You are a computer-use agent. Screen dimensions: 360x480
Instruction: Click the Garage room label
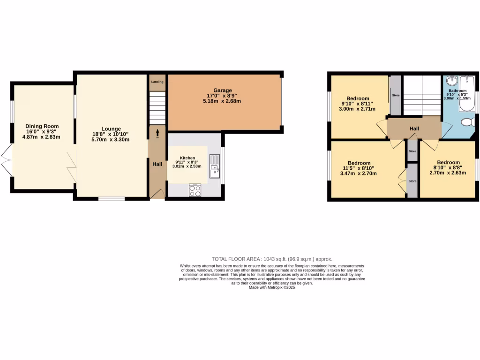tap(223, 90)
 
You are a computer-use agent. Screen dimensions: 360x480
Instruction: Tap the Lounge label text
tap(111, 129)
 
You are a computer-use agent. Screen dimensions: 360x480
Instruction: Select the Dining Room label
tap(42, 126)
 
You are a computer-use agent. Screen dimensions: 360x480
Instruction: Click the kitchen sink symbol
tap(214, 166)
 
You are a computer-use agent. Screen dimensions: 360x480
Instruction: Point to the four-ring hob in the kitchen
tap(195, 190)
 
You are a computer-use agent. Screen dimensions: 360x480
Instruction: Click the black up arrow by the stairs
tap(157, 133)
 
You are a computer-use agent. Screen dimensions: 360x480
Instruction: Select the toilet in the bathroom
tap(467, 122)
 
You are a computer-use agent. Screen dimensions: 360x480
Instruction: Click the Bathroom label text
tap(457, 90)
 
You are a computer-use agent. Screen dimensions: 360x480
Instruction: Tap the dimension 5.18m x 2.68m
tap(222, 101)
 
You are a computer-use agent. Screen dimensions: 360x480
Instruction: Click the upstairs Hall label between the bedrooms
tap(414, 128)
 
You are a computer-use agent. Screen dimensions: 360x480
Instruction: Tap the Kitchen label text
tap(187, 158)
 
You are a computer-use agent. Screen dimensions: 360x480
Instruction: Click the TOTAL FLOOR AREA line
tap(272, 259)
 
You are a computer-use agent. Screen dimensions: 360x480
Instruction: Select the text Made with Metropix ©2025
tap(272, 287)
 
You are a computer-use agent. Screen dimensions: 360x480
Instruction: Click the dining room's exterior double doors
tap(6, 159)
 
